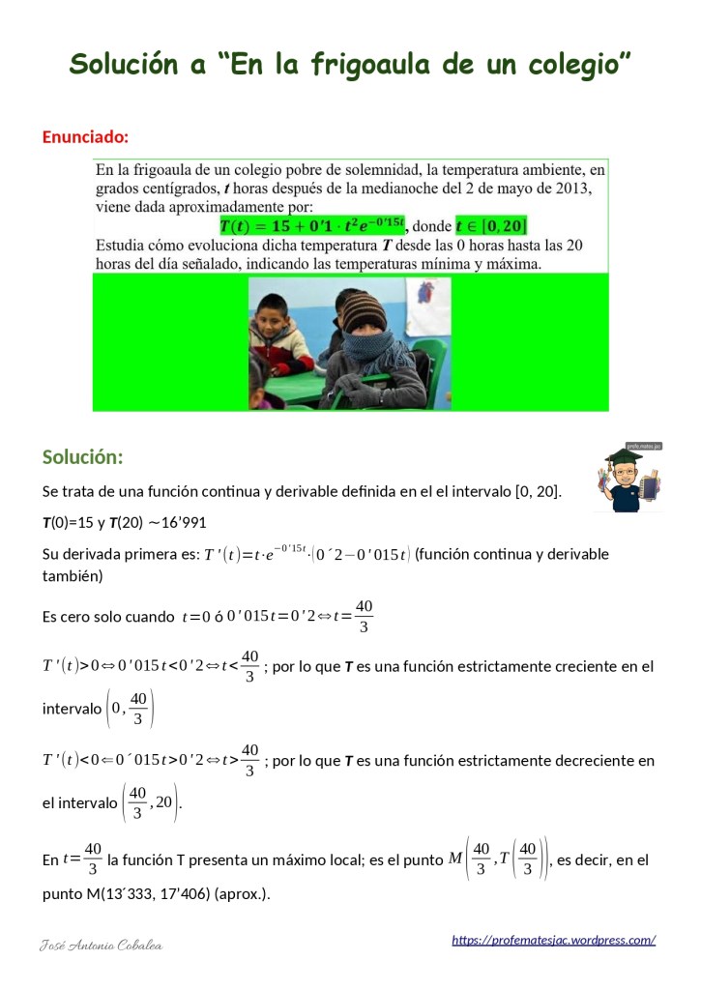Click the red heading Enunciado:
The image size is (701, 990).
tap(85, 136)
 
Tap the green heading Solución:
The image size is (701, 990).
tap(82, 456)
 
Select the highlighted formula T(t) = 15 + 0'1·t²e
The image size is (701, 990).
tap(312, 226)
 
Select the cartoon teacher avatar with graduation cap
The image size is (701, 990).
tap(628, 479)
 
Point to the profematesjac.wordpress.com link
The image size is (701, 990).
tap(553, 940)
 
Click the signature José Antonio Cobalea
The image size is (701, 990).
tap(102, 945)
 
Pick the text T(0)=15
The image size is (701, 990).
tap(67, 523)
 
